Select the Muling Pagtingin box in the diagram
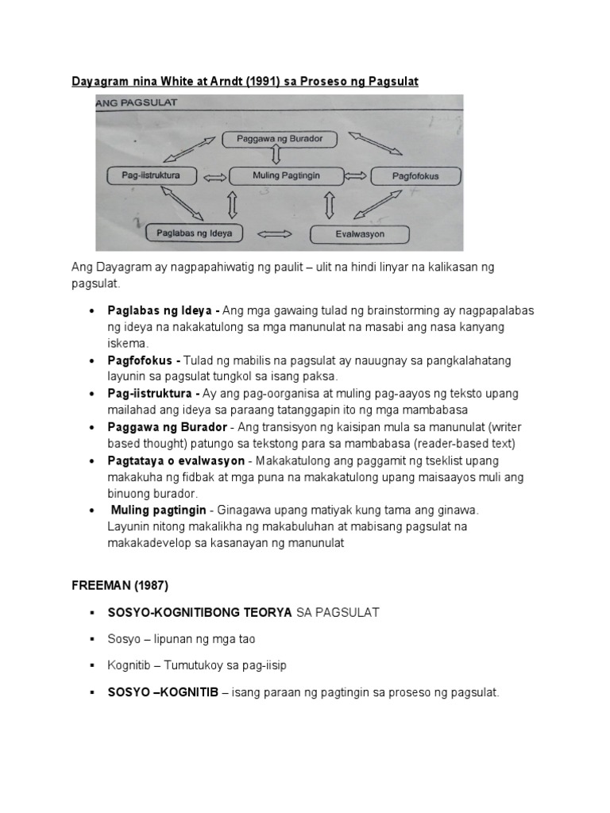click(x=286, y=175)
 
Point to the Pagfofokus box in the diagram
click(x=415, y=175)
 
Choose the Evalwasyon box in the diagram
click(x=359, y=234)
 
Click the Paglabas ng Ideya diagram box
click(x=195, y=233)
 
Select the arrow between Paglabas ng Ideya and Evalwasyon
click(x=276, y=234)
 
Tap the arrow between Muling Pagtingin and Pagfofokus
click(x=355, y=175)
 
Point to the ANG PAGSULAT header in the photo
click(x=137, y=102)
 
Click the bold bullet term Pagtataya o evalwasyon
click(x=176, y=460)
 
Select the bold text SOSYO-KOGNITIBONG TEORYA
click(x=200, y=612)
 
